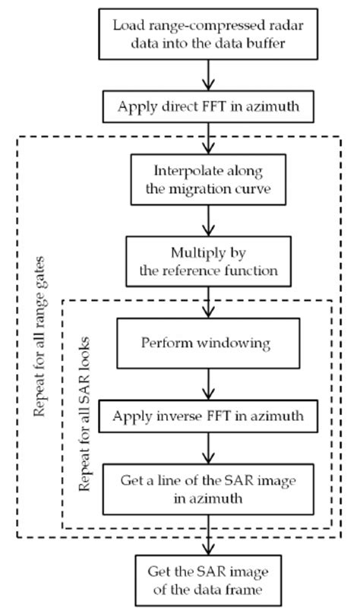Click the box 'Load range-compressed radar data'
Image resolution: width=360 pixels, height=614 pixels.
(x=207, y=35)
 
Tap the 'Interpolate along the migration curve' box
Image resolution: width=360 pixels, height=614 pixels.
(x=207, y=179)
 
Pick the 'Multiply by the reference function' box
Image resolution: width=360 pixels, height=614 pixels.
(x=207, y=260)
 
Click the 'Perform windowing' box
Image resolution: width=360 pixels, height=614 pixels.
(x=207, y=343)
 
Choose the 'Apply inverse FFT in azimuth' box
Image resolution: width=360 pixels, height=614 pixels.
(x=207, y=416)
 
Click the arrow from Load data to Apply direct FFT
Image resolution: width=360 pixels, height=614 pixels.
(x=207, y=75)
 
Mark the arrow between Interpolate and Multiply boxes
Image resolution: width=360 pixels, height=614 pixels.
(x=207, y=220)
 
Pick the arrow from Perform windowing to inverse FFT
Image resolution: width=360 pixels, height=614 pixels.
(x=207, y=384)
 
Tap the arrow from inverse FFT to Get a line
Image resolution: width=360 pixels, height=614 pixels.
(x=207, y=448)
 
